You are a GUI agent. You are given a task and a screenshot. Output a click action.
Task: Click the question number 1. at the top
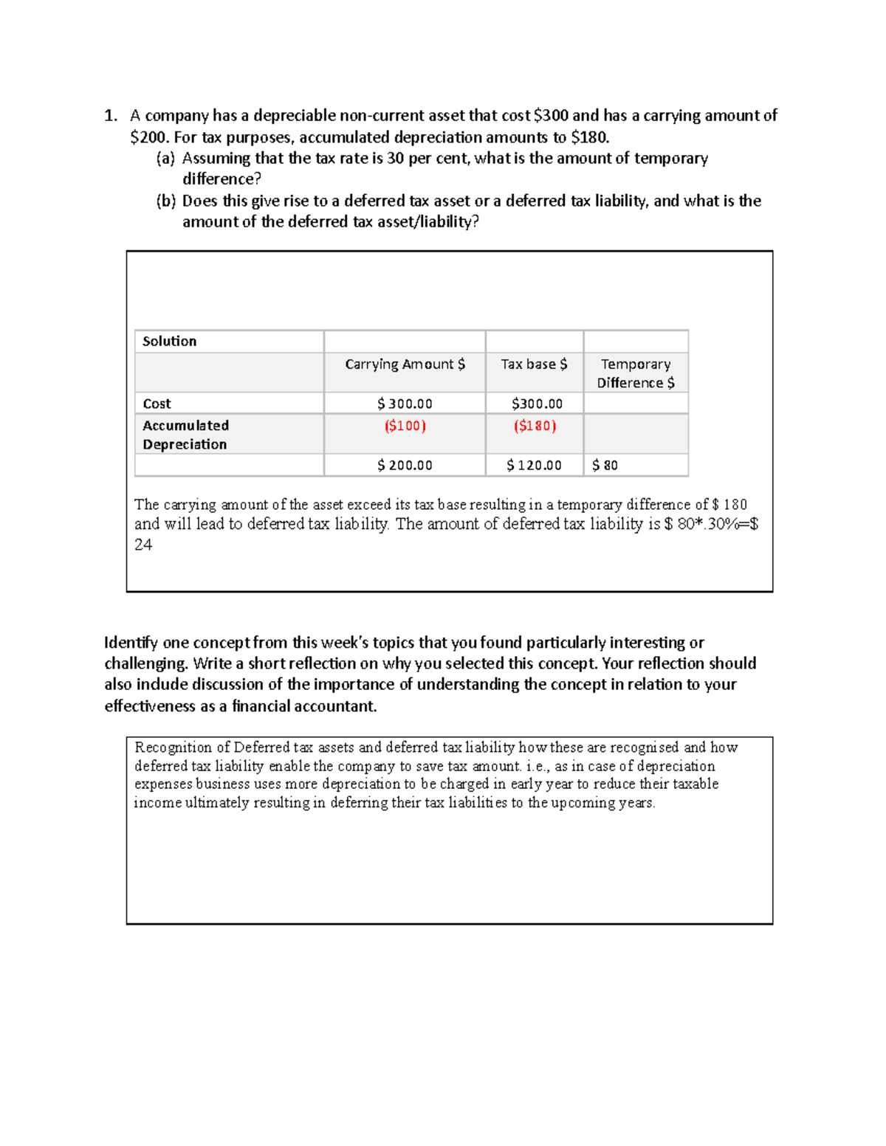[x=111, y=116]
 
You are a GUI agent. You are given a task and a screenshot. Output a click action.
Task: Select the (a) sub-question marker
[x=165, y=159]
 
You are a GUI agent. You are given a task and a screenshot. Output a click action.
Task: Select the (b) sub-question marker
[x=165, y=201]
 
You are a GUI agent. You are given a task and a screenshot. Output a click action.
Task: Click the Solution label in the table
[x=169, y=342]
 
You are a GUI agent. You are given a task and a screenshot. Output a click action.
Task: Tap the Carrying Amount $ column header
[x=405, y=365]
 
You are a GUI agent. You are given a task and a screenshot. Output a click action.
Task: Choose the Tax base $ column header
[x=534, y=365]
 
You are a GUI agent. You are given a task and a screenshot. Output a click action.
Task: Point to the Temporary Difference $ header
[x=636, y=373]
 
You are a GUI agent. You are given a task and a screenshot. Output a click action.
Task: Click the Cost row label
[x=157, y=404]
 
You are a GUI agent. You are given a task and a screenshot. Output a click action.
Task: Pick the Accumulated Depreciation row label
[x=185, y=435]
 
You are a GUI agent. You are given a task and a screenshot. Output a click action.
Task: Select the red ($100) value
[x=405, y=426]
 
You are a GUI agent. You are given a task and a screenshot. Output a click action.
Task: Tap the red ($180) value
[x=535, y=426]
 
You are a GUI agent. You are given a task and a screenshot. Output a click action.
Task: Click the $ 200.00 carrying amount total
[x=405, y=466]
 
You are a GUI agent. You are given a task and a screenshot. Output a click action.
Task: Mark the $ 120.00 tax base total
[x=534, y=466]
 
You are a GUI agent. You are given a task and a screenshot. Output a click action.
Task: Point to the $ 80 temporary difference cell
[x=605, y=466]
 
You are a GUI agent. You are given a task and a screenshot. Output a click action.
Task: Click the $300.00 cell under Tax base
[x=537, y=404]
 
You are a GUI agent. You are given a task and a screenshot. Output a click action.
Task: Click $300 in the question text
[x=551, y=116]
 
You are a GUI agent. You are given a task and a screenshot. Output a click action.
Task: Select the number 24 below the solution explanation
[x=143, y=545]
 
